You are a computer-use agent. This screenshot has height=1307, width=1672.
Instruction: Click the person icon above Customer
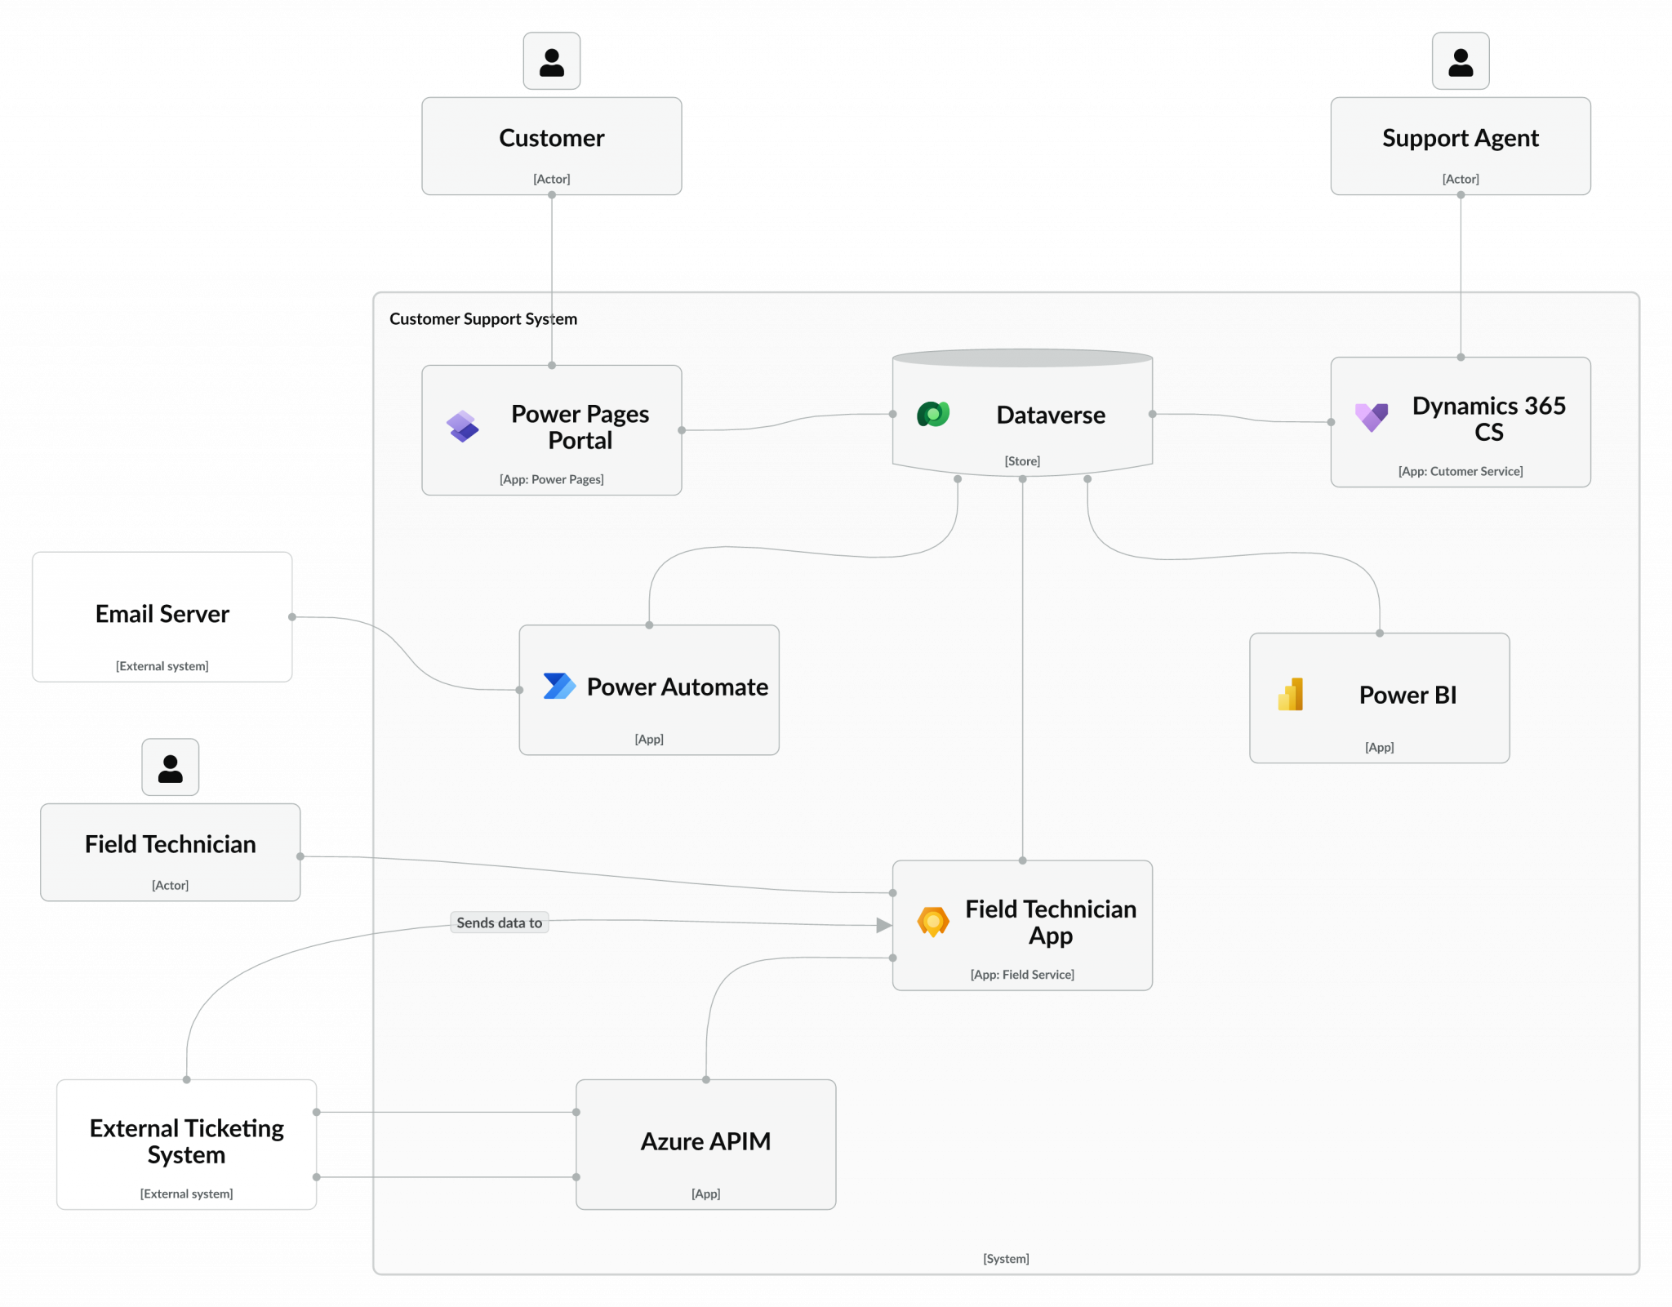[552, 61]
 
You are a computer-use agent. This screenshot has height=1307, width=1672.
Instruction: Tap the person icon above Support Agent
[1461, 61]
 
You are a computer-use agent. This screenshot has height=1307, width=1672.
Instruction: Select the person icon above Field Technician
[170, 767]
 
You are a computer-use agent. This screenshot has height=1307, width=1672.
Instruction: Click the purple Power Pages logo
[462, 426]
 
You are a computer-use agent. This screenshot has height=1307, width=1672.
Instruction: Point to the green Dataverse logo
[933, 415]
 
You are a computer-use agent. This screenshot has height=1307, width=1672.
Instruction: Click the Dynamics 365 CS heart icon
[1372, 417]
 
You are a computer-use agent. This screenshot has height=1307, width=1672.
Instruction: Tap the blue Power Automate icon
[559, 686]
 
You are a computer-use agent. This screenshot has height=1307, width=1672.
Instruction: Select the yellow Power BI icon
[1291, 695]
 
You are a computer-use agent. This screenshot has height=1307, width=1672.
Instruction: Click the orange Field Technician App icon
[933, 922]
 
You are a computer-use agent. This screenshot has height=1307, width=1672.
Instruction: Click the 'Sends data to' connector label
[499, 922]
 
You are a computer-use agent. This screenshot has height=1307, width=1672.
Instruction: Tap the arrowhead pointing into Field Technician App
[883, 925]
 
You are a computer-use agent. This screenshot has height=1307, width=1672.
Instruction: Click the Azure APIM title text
[705, 1141]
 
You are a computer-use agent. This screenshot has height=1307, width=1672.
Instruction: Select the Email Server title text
[162, 614]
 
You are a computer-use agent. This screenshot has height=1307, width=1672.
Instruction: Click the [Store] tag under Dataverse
[1022, 461]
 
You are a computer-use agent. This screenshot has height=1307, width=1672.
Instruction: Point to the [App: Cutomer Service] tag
[1460, 471]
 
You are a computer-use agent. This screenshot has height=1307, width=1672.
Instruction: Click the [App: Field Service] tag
[1022, 975]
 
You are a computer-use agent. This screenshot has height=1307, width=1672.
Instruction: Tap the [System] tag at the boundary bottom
[1006, 1259]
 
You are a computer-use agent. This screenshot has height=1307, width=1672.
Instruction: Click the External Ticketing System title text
[187, 1141]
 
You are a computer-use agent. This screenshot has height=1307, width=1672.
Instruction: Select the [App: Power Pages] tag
[551, 479]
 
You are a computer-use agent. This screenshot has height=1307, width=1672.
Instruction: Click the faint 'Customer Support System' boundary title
[482, 319]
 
